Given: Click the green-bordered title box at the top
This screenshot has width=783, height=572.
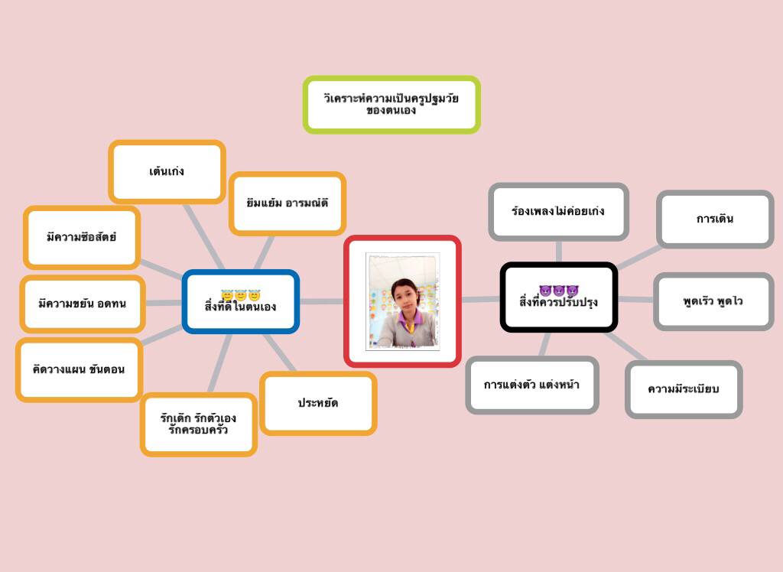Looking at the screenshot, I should [391, 105].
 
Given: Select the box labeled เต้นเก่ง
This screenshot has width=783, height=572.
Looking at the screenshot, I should [167, 171].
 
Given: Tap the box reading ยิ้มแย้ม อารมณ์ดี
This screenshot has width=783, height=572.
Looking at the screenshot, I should [287, 203].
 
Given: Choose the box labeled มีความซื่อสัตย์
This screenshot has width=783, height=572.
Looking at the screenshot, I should [81, 237].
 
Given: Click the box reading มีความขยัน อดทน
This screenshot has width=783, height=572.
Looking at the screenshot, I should [82, 304].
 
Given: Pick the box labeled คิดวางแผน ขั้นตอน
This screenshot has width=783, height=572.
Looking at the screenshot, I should [79, 369].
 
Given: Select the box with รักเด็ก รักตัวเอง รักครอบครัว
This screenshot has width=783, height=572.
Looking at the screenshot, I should [198, 424].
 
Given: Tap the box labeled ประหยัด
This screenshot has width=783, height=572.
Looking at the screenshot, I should [318, 403].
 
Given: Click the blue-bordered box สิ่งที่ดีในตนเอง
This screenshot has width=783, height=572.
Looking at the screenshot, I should [240, 302].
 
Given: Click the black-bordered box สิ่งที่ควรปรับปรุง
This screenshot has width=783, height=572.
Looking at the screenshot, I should [558, 297].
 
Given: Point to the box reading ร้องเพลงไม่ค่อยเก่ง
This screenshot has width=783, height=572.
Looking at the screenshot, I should [558, 210].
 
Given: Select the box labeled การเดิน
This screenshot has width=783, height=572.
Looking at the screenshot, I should [715, 219].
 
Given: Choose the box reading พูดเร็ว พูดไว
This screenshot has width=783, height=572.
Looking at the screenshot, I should [713, 301].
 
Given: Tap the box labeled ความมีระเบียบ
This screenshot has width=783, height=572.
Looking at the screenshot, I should [684, 389].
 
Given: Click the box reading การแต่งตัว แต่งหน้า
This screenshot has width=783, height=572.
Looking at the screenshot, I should [531, 385].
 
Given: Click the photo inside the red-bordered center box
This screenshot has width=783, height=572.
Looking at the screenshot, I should [403, 301].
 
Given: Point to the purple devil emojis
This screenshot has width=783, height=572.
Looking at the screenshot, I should [558, 291].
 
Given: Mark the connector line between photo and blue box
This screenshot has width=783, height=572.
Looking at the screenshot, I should [321, 301].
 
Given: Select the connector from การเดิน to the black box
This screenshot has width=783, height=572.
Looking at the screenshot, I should [638, 257].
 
